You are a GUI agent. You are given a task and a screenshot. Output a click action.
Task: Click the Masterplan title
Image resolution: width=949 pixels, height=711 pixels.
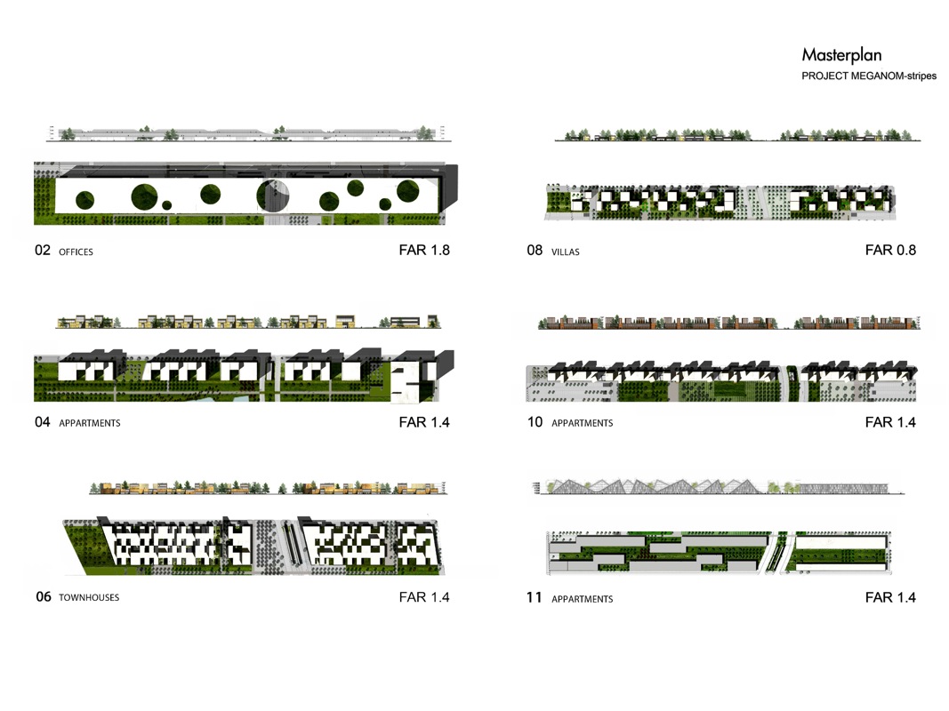[841, 56]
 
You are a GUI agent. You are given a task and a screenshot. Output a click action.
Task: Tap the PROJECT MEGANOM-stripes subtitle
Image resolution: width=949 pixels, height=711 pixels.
[869, 76]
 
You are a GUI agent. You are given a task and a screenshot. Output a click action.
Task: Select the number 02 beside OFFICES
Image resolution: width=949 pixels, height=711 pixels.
[43, 251]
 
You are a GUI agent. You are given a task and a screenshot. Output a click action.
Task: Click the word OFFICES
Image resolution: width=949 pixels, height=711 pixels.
[76, 252]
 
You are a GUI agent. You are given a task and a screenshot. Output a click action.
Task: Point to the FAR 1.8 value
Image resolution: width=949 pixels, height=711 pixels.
[424, 251]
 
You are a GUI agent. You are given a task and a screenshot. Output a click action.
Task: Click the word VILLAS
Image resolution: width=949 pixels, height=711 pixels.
[566, 252]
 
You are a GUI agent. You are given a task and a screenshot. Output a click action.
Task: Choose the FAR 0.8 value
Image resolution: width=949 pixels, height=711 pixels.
[890, 251]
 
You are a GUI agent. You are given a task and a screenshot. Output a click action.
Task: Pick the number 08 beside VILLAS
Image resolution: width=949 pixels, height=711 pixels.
[535, 251]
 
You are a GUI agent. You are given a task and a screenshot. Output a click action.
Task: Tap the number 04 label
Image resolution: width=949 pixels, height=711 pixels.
[43, 422]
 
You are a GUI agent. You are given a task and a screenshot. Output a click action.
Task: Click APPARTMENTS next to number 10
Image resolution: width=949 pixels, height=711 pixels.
[583, 423]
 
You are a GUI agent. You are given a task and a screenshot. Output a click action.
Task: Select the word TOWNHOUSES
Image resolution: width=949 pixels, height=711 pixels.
[89, 597]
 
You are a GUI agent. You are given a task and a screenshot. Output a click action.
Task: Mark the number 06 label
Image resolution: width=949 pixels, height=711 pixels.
[44, 596]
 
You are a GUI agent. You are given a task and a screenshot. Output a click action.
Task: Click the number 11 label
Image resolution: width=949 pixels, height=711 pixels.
[534, 597]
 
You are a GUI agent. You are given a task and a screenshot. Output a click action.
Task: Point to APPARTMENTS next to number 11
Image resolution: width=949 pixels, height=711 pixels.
[583, 599]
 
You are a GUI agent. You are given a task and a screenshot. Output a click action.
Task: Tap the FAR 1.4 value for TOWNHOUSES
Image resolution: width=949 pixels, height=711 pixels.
[424, 597]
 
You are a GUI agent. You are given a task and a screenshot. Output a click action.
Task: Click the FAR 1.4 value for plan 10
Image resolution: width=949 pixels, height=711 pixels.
[890, 422]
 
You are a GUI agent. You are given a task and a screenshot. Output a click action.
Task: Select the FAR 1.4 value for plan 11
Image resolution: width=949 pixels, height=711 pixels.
[890, 597]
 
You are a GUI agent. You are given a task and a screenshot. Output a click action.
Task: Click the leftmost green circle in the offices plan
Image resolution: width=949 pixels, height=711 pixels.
[84, 200]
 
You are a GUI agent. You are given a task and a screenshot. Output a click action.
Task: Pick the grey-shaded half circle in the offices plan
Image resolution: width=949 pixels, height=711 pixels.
[279, 196]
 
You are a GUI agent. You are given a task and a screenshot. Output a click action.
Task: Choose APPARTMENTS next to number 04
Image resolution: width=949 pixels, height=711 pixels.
[90, 423]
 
